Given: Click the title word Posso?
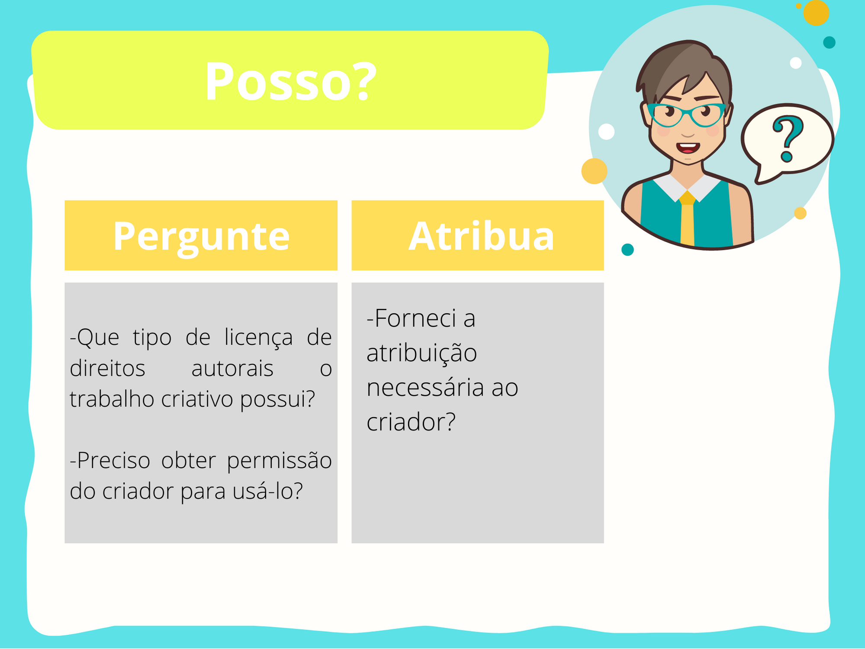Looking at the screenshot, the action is [x=291, y=81].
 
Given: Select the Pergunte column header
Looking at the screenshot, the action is [x=201, y=235].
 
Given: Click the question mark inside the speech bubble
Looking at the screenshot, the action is [x=788, y=139].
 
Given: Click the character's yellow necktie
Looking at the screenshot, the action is [x=687, y=218].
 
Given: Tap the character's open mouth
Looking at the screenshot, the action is [x=688, y=148].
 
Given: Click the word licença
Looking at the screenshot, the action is [x=258, y=337].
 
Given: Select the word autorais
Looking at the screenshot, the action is [x=232, y=369].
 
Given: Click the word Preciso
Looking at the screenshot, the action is [x=110, y=460].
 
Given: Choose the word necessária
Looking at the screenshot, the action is [x=425, y=387].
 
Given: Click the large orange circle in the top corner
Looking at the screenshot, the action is [x=816, y=13].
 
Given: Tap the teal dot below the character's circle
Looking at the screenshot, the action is [x=627, y=250].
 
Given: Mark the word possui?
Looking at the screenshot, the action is [x=277, y=399].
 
